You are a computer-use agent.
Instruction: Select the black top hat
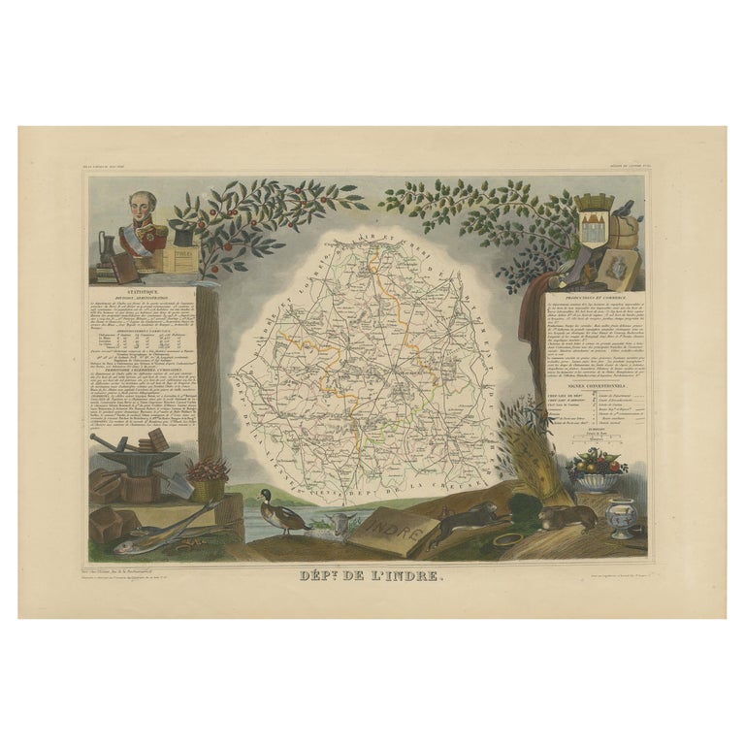coord(180,232)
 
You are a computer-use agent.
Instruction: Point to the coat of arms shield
coord(591,218)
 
